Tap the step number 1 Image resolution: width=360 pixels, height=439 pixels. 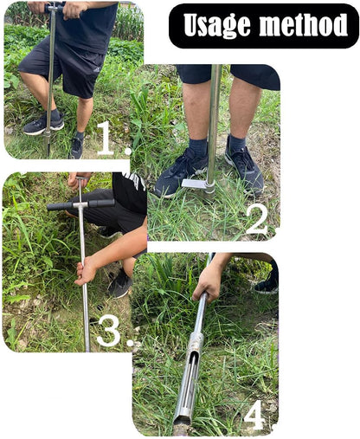point(105,139)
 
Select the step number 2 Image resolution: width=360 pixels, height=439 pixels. point(257,219)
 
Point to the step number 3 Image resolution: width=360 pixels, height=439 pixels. point(107,331)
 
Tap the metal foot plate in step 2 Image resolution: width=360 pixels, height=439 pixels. point(194,184)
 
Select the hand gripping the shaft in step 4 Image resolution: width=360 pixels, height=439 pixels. point(209,281)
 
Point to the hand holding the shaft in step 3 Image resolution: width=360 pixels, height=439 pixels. point(86,270)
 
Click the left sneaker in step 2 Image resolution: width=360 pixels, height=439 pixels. point(181,170)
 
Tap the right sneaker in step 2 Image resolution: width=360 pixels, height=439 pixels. point(243,166)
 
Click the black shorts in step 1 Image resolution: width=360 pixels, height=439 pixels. point(61,65)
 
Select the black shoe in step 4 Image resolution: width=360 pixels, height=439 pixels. point(267,282)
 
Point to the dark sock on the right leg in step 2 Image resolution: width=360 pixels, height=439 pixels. point(235,142)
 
